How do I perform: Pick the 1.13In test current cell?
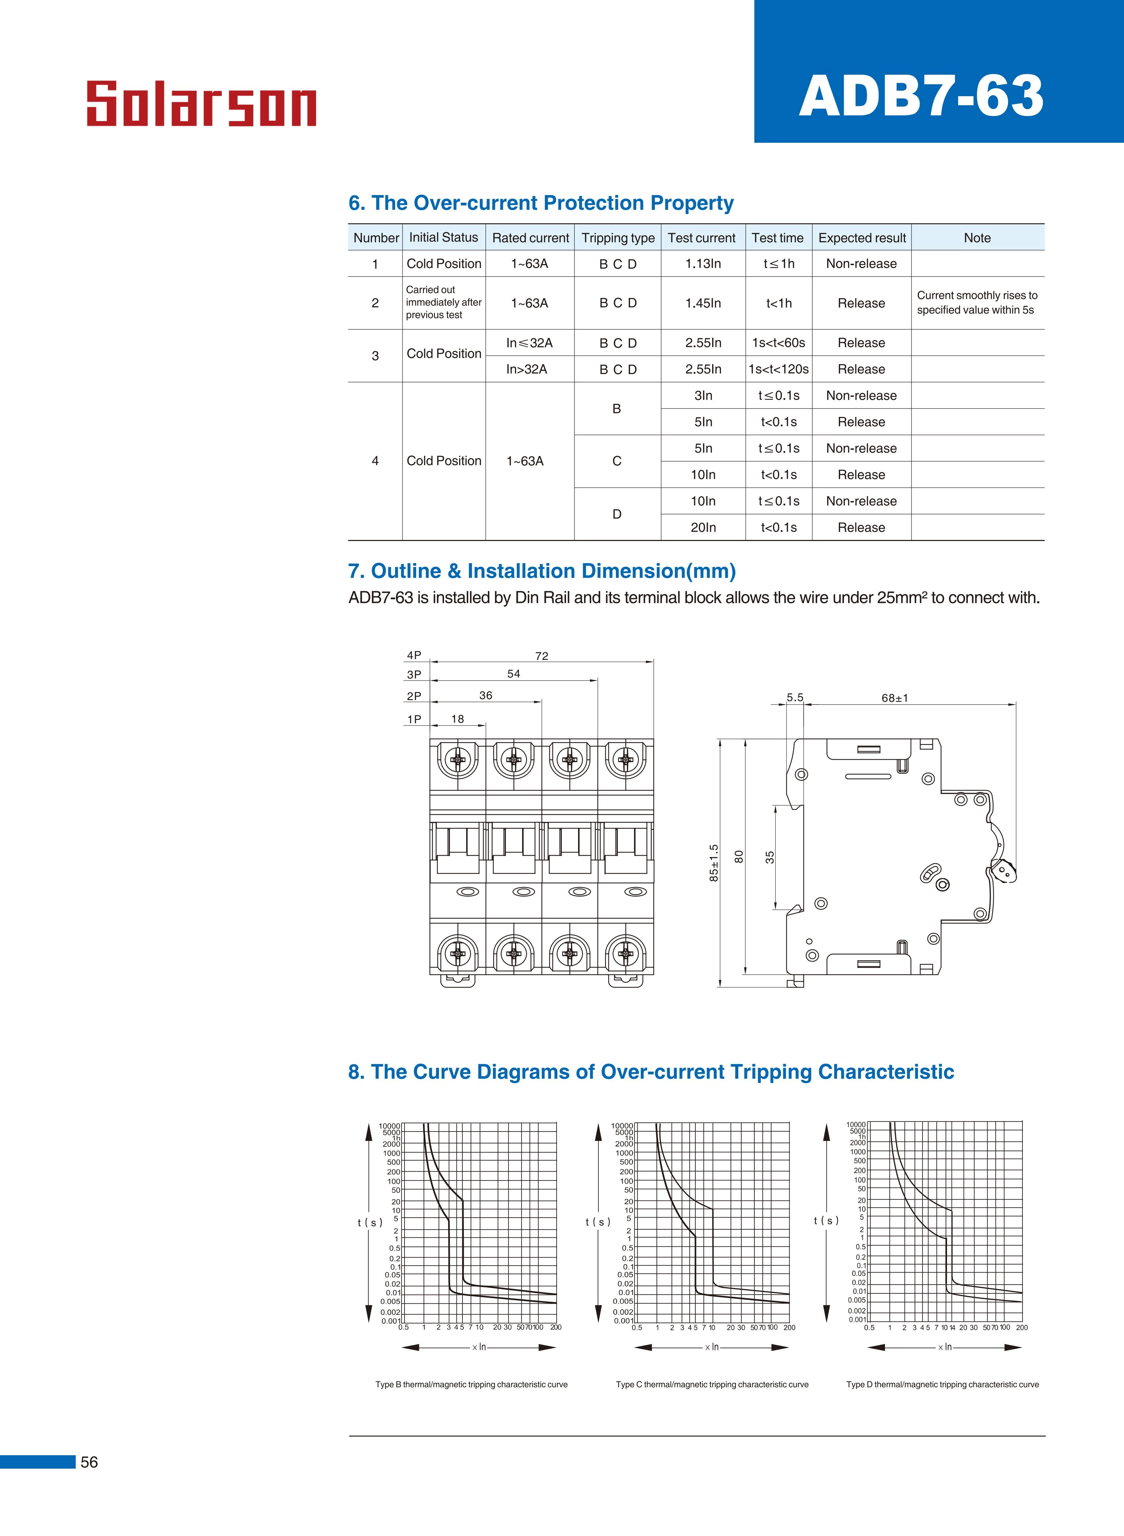point(703,264)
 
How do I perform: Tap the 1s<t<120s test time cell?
point(778,369)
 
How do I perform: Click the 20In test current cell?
point(703,527)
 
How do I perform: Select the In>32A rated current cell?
point(526,369)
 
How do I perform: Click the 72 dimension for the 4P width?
point(542,656)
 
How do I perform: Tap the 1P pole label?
point(414,719)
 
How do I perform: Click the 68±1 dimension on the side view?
point(895,698)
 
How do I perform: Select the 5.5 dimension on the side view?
point(795,697)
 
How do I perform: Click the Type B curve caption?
point(472,1384)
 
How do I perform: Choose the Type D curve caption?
point(942,1384)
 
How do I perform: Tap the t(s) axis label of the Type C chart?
point(598,1222)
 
